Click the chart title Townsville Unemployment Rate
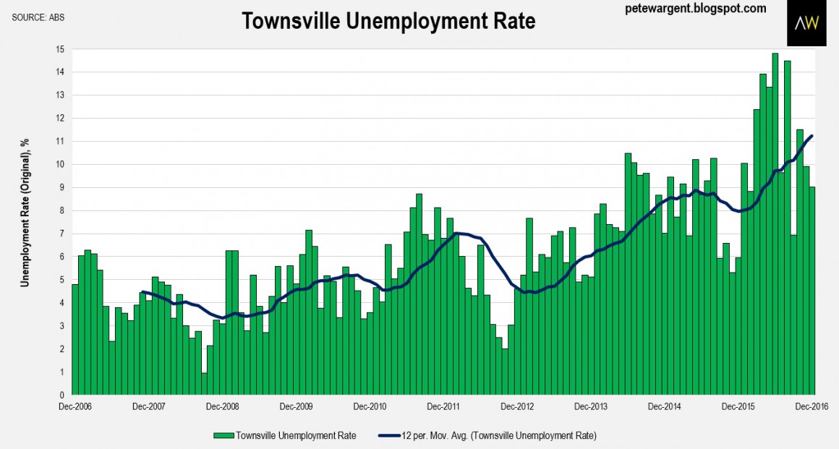pyautogui.click(x=388, y=21)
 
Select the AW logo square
pyautogui.click(x=806, y=23)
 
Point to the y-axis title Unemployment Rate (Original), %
pyautogui.click(x=25, y=210)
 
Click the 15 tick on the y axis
pyautogui.click(x=60, y=49)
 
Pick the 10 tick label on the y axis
pyautogui.click(x=60, y=165)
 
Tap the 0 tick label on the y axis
pyautogui.click(x=62, y=395)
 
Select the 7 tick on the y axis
pyautogui.click(x=62, y=234)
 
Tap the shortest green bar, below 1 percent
pyautogui.click(x=205, y=384)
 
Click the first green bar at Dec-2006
pyautogui.click(x=75, y=340)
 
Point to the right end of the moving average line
pyautogui.click(x=812, y=136)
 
